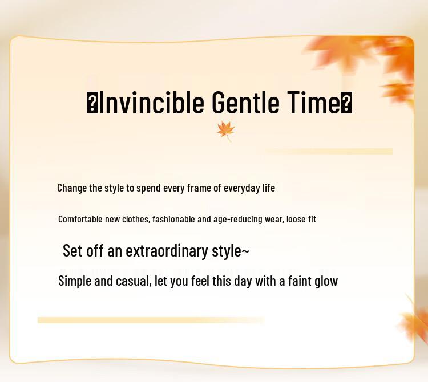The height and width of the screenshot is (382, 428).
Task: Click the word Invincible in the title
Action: (x=151, y=103)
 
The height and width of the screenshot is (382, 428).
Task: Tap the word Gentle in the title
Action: (x=245, y=103)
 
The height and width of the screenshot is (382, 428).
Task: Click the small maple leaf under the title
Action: (x=226, y=131)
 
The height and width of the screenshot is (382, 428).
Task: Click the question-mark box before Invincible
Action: (x=92, y=103)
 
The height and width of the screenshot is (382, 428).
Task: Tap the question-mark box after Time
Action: (x=346, y=103)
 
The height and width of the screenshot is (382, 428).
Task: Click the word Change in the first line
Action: (x=72, y=188)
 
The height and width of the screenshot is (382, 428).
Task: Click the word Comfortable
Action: (x=80, y=219)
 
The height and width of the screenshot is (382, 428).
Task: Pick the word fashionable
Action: (x=173, y=219)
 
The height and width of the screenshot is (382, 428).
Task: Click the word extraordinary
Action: (x=167, y=251)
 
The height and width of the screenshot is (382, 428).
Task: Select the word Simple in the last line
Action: (x=75, y=282)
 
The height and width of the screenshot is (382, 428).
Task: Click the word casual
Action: (x=133, y=282)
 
